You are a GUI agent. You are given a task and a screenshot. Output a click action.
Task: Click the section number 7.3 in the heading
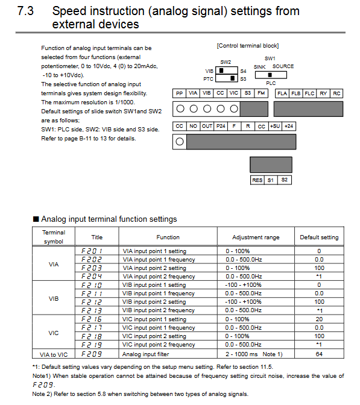25,11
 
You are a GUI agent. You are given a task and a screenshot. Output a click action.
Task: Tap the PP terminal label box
179,93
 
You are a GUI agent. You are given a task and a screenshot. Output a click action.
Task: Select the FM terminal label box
261,93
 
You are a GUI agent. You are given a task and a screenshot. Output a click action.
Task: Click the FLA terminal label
282,93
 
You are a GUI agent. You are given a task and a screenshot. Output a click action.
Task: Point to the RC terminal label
336,93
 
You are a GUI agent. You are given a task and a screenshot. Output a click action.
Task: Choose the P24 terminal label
221,126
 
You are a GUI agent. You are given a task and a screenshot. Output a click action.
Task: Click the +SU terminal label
275,126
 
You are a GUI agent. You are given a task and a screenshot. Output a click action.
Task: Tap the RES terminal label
257,180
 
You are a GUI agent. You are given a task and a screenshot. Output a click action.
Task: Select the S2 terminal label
284,180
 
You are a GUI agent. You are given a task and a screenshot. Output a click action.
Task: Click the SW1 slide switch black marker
270,75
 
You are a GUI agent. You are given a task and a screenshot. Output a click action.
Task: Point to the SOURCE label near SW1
283,66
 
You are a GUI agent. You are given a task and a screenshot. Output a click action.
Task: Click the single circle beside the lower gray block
180,142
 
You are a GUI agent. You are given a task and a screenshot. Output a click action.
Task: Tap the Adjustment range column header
256,237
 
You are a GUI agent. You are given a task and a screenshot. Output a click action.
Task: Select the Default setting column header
319,237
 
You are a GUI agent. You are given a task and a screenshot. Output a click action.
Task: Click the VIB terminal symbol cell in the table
54,298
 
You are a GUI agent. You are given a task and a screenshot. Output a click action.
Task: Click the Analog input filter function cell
145,354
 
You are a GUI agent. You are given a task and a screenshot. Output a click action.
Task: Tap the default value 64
319,354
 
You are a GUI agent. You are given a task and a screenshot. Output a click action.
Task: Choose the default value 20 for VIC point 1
319,319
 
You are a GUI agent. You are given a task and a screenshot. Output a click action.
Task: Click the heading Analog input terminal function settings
109,219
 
